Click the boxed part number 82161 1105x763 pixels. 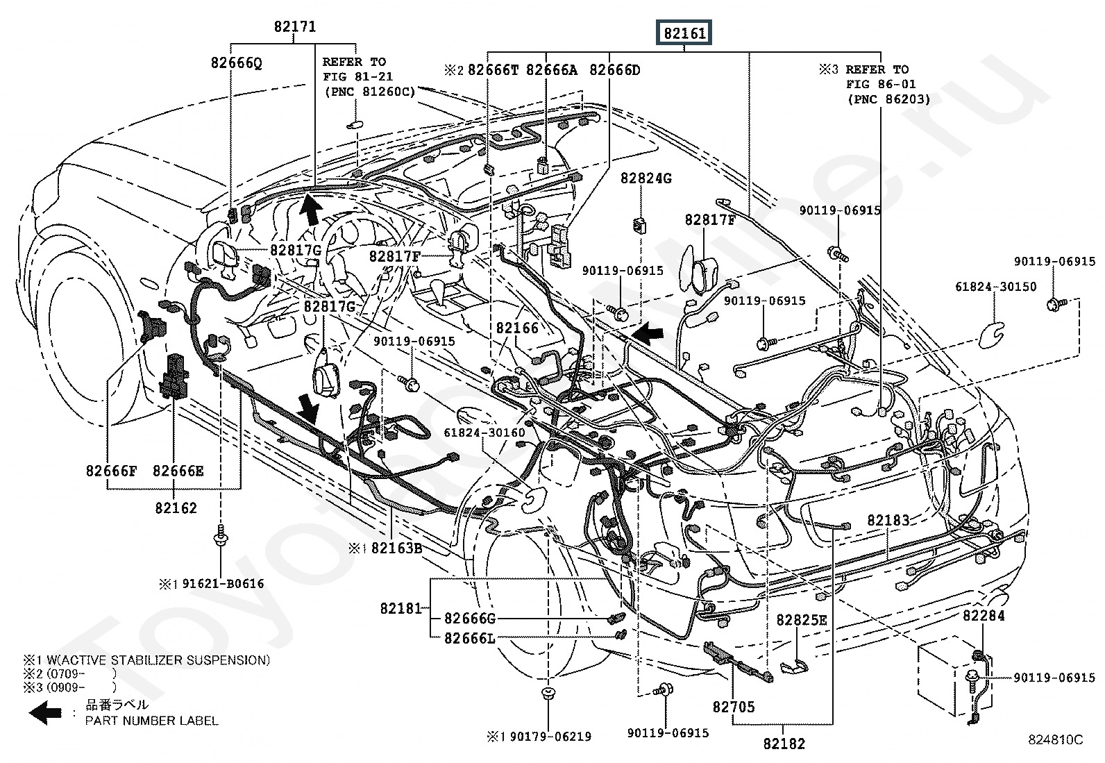(684, 33)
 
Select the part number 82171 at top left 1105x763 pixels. (294, 27)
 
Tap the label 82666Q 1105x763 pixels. (237, 63)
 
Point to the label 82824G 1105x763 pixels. (646, 178)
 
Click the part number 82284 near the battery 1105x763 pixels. (984, 616)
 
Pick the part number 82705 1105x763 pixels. (733, 707)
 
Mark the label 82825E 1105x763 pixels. (802, 620)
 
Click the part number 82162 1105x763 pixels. (176, 508)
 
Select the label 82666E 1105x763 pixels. (178, 471)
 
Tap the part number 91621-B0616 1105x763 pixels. (223, 584)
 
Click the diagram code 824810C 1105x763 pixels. (1055, 740)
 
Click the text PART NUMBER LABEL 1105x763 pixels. (151, 721)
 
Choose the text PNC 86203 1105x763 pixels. (888, 99)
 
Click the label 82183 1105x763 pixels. (888, 521)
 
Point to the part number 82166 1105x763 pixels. (517, 328)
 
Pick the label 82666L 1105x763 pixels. (469, 638)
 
